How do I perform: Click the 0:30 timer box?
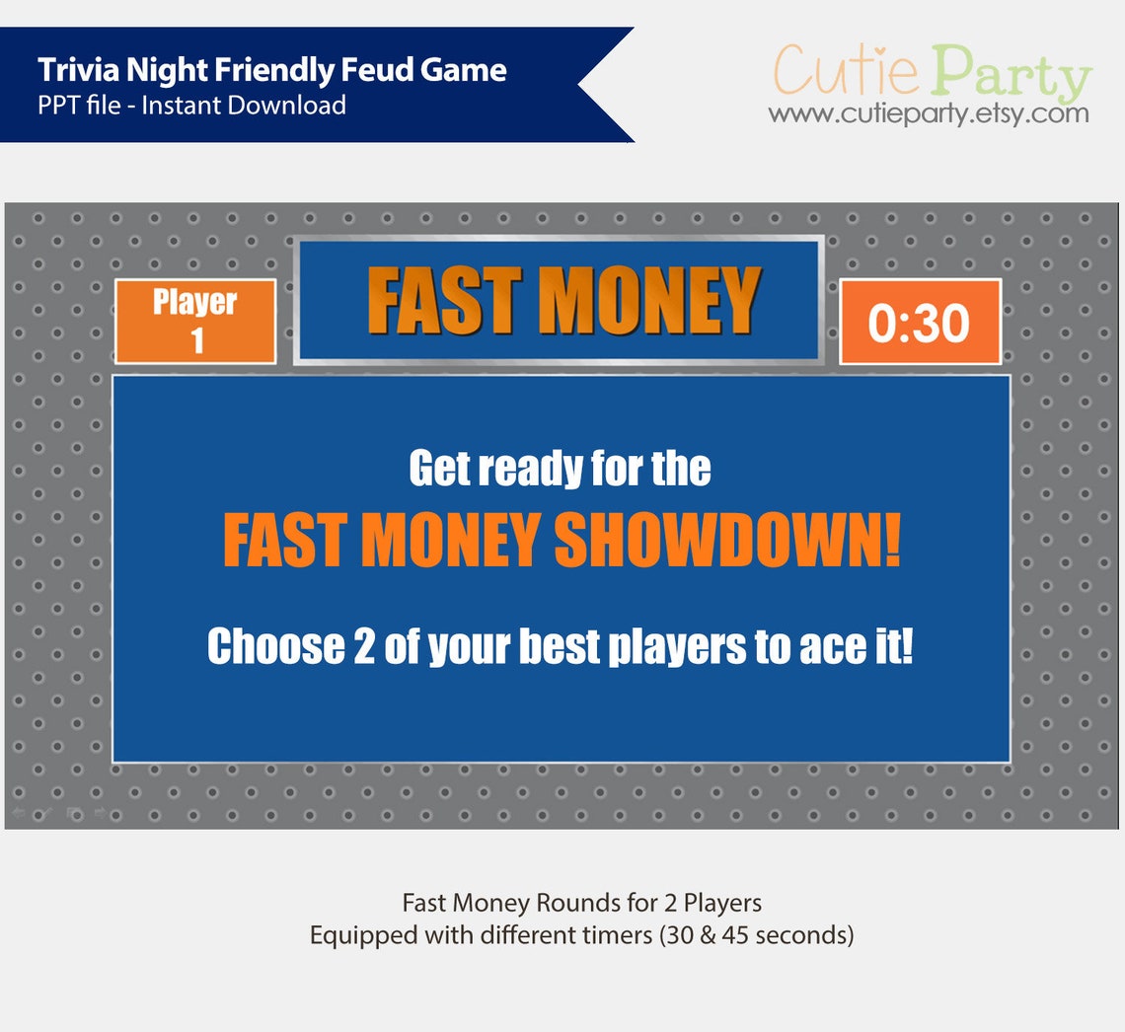tap(920, 322)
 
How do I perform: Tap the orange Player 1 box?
tap(195, 321)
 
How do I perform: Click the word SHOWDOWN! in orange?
tap(727, 541)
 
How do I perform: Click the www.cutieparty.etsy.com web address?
tap(929, 114)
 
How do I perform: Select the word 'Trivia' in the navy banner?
tap(75, 70)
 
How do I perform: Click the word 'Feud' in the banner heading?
tap(393, 70)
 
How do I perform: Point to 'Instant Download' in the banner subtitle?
tap(244, 105)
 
